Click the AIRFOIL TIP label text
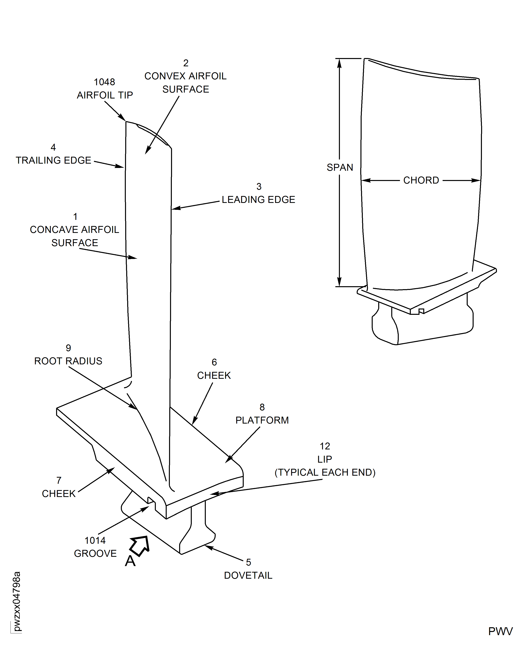[105, 95]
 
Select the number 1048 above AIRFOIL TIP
[104, 82]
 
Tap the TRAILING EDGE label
[53, 160]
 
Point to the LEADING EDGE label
[258, 200]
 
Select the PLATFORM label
[262, 420]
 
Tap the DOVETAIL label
[248, 575]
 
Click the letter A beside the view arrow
[130, 561]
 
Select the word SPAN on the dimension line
[340, 167]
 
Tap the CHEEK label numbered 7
[59, 493]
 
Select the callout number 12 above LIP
[325, 446]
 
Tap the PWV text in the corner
[500, 631]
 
